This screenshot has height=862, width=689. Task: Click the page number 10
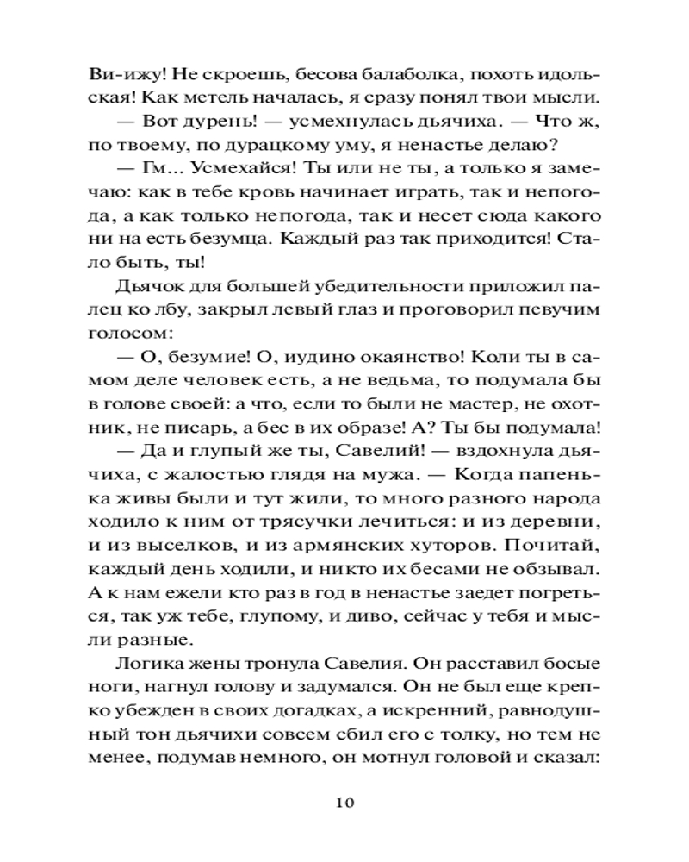[344, 803]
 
